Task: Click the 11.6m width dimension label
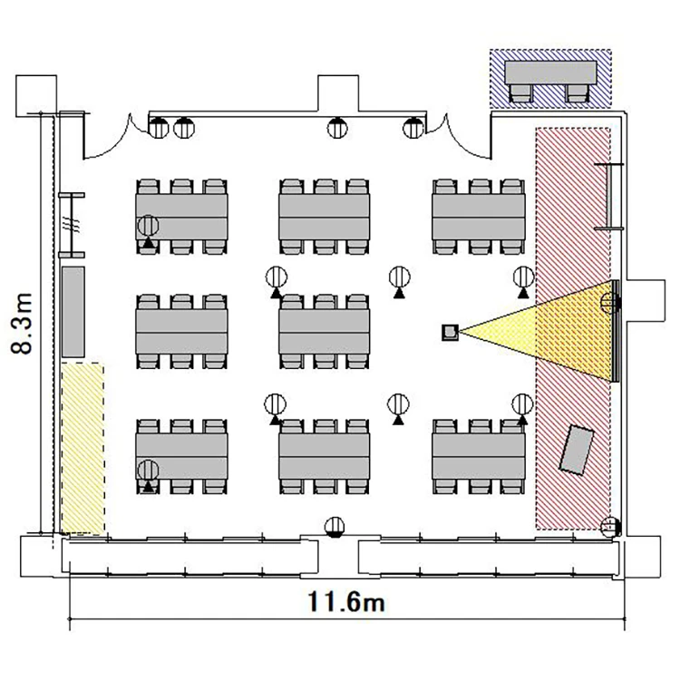click(x=346, y=602)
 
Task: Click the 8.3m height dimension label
click(x=22, y=324)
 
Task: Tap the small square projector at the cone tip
click(x=450, y=332)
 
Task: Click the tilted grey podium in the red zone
click(x=577, y=450)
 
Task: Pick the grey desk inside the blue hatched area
click(x=550, y=73)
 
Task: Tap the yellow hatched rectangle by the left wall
click(x=83, y=449)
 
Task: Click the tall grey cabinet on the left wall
click(x=73, y=312)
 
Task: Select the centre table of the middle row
click(x=325, y=332)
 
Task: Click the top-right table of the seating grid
click(x=479, y=217)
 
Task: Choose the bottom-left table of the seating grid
click(x=181, y=456)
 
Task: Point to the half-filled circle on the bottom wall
click(x=335, y=528)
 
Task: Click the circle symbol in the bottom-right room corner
click(x=610, y=528)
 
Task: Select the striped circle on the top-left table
click(x=149, y=226)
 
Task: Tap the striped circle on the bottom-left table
click(x=149, y=470)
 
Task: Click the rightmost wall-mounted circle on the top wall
click(x=413, y=128)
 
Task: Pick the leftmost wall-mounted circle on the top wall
click(x=159, y=128)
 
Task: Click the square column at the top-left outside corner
click(x=36, y=96)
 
